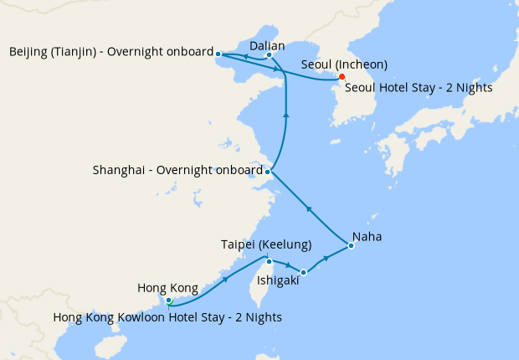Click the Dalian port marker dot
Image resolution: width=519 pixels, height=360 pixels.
[x=269, y=55]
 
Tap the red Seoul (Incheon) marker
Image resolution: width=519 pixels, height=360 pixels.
[x=342, y=79]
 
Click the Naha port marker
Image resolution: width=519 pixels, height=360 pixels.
[x=352, y=245]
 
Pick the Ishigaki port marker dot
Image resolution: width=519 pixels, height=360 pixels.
[x=303, y=272]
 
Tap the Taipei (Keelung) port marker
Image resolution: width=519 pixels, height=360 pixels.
[x=269, y=261]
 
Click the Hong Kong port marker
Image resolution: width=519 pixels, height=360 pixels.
[x=168, y=300]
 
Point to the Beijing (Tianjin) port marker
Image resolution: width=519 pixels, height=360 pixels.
[x=218, y=54]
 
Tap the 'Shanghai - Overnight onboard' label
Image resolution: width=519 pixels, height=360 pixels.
[x=177, y=171]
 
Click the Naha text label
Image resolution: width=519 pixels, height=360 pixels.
[x=367, y=237]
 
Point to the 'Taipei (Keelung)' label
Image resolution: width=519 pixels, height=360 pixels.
[x=266, y=244]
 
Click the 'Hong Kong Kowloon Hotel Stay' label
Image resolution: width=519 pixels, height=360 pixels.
[x=167, y=317]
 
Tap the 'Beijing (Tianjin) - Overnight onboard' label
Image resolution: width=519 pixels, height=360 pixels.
[x=111, y=52]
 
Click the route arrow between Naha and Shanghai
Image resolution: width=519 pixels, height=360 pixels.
[x=308, y=208]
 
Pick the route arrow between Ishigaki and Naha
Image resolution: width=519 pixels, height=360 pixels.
[x=326, y=260]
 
